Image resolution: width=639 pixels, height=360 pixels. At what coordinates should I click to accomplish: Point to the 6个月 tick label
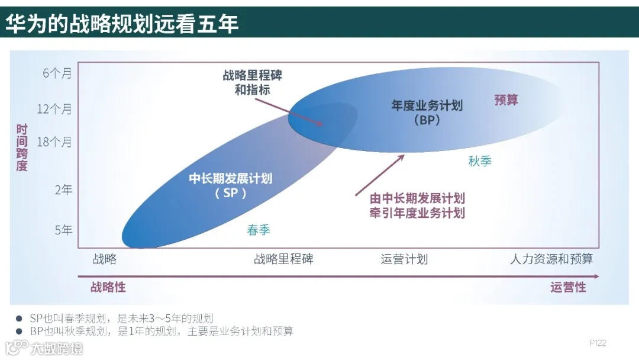click(x=57, y=73)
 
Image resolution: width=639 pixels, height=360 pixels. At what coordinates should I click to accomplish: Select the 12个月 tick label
click(x=54, y=109)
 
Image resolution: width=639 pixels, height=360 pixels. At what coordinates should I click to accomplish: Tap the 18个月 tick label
click(x=54, y=142)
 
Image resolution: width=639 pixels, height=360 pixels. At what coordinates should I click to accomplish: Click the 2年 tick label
click(x=63, y=190)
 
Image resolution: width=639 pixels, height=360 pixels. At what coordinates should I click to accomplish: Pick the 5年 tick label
click(x=63, y=230)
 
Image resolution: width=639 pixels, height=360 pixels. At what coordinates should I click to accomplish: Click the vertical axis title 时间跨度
click(x=22, y=147)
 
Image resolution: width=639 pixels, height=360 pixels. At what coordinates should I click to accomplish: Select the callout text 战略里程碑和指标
click(x=253, y=83)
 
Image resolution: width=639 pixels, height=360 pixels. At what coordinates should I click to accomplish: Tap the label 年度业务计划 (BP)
click(x=427, y=112)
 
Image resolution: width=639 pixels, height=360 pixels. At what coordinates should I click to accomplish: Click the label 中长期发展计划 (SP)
click(x=231, y=185)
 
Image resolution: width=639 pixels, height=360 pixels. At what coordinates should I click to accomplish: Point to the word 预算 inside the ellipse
click(x=506, y=100)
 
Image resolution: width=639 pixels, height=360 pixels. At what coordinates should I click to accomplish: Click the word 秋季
click(x=480, y=161)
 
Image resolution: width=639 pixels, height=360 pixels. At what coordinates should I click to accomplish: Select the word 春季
click(x=259, y=230)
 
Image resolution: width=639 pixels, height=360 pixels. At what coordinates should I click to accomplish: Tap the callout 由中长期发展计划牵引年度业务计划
click(x=417, y=205)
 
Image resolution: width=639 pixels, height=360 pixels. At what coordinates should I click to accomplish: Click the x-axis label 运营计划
click(x=404, y=259)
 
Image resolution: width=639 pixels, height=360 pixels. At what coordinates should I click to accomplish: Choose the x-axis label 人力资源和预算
click(x=551, y=259)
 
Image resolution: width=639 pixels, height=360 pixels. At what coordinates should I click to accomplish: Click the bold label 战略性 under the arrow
click(x=108, y=287)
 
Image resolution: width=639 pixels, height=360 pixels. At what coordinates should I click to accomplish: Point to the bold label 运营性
click(x=568, y=287)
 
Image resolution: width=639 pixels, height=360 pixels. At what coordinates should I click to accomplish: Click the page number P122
click(x=598, y=343)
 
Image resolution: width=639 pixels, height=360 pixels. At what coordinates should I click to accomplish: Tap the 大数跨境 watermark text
click(x=57, y=348)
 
